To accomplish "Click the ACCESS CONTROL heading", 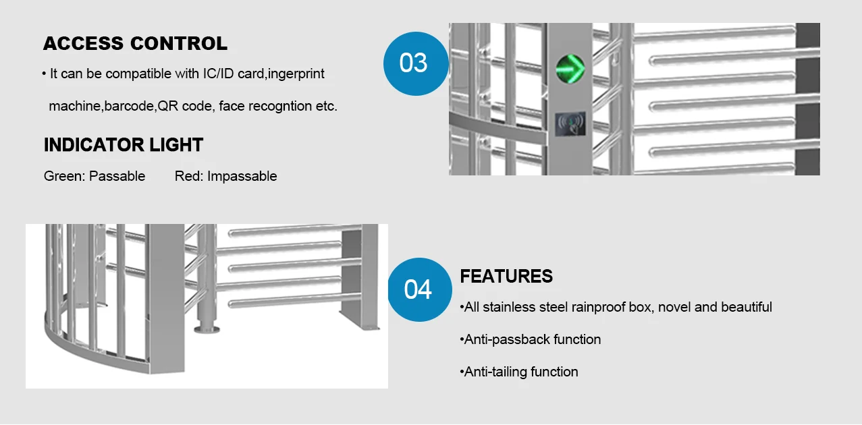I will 135,44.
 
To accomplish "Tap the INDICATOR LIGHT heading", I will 124,145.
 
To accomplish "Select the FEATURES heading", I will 506,277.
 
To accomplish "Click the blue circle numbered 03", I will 414,63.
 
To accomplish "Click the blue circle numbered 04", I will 418,289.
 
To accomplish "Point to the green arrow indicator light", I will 569,67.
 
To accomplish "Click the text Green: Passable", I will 95,176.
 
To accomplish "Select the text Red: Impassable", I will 225,176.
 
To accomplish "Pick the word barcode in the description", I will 130,106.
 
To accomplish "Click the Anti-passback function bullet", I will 532,339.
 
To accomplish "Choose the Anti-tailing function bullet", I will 520,372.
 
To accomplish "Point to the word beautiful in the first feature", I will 746,307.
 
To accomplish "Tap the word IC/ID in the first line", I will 219,74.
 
